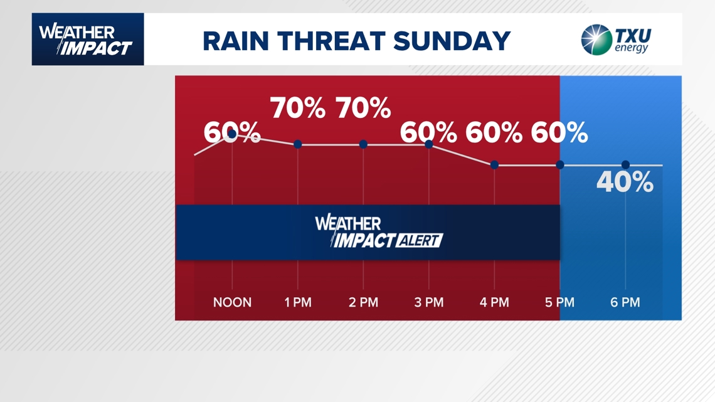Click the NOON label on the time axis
pos(232,302)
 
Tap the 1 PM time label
pos(298,302)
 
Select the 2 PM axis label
pos(363,302)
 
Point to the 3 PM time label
pos(428,302)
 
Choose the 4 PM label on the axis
pos(494,302)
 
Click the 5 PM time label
pos(559,302)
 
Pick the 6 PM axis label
pos(625,302)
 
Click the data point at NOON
pos(232,134)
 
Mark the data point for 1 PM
pos(298,144)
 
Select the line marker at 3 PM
pos(428,144)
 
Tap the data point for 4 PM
pos(494,165)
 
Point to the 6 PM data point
pos(626,165)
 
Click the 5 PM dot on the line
pos(560,165)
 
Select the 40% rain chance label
pos(625,182)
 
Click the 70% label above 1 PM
pos(298,108)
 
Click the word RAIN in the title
pos(236,41)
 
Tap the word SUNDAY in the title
pos(452,41)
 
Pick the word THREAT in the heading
pos(331,41)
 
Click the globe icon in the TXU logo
pos(596,40)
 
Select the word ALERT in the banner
pos(419,240)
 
